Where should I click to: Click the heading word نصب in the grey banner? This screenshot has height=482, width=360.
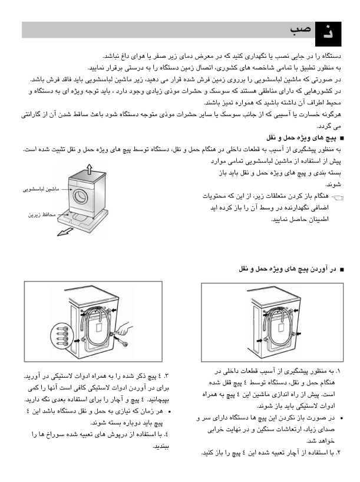(x=300, y=30)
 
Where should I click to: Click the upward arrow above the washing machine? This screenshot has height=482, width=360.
(x=88, y=169)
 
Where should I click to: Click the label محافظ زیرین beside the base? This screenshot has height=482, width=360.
(x=42, y=215)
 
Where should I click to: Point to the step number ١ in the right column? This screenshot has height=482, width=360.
(x=338, y=372)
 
